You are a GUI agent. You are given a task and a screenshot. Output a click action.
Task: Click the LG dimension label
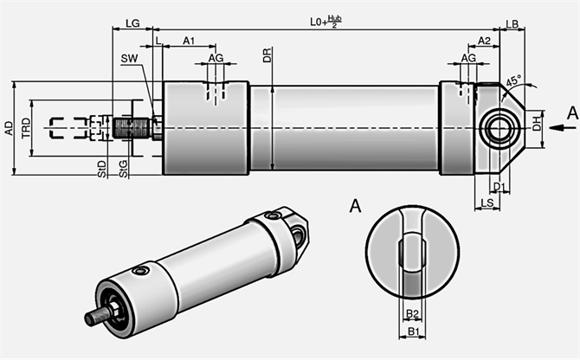(132, 23)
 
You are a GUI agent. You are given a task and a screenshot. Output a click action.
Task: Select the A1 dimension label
(189, 41)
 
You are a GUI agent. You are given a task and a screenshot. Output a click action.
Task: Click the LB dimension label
(512, 23)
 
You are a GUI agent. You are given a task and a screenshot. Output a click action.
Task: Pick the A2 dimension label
(485, 41)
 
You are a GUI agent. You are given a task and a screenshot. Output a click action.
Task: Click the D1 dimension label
(499, 186)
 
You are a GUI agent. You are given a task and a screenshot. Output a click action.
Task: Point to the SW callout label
(129, 58)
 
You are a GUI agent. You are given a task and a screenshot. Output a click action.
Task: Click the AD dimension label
(9, 128)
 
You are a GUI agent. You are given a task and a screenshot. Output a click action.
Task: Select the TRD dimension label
(26, 128)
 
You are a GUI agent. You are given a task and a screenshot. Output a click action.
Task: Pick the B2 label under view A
(413, 313)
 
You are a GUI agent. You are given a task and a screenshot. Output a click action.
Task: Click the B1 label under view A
(413, 331)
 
